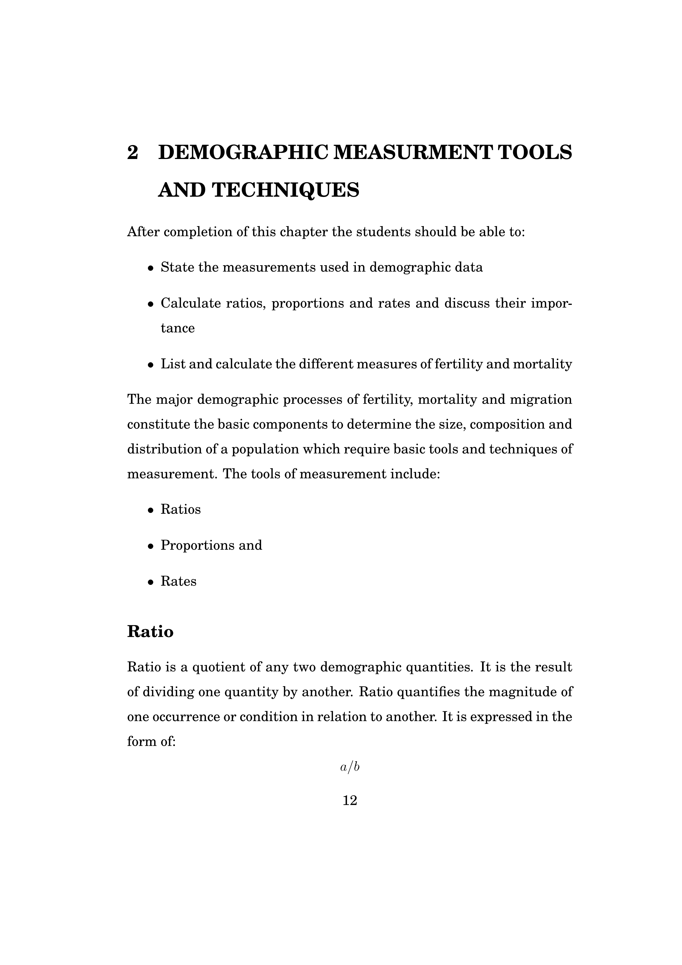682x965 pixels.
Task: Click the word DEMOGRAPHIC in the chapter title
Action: pyautogui.click(x=243, y=152)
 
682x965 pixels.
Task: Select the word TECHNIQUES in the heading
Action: pyautogui.click(x=285, y=190)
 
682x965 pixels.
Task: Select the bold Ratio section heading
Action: pyautogui.click(x=150, y=631)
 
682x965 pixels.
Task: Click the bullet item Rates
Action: pyautogui.click(x=178, y=581)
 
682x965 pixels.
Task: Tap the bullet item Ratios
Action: pyautogui.click(x=181, y=509)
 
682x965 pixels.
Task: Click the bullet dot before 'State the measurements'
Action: pyautogui.click(x=150, y=268)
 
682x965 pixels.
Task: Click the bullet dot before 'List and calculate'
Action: pyautogui.click(x=150, y=365)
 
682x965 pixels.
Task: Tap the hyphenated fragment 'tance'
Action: pyautogui.click(x=178, y=328)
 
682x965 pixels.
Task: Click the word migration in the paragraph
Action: pyautogui.click(x=541, y=399)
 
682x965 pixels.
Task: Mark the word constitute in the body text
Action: pyautogui.click(x=158, y=424)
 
